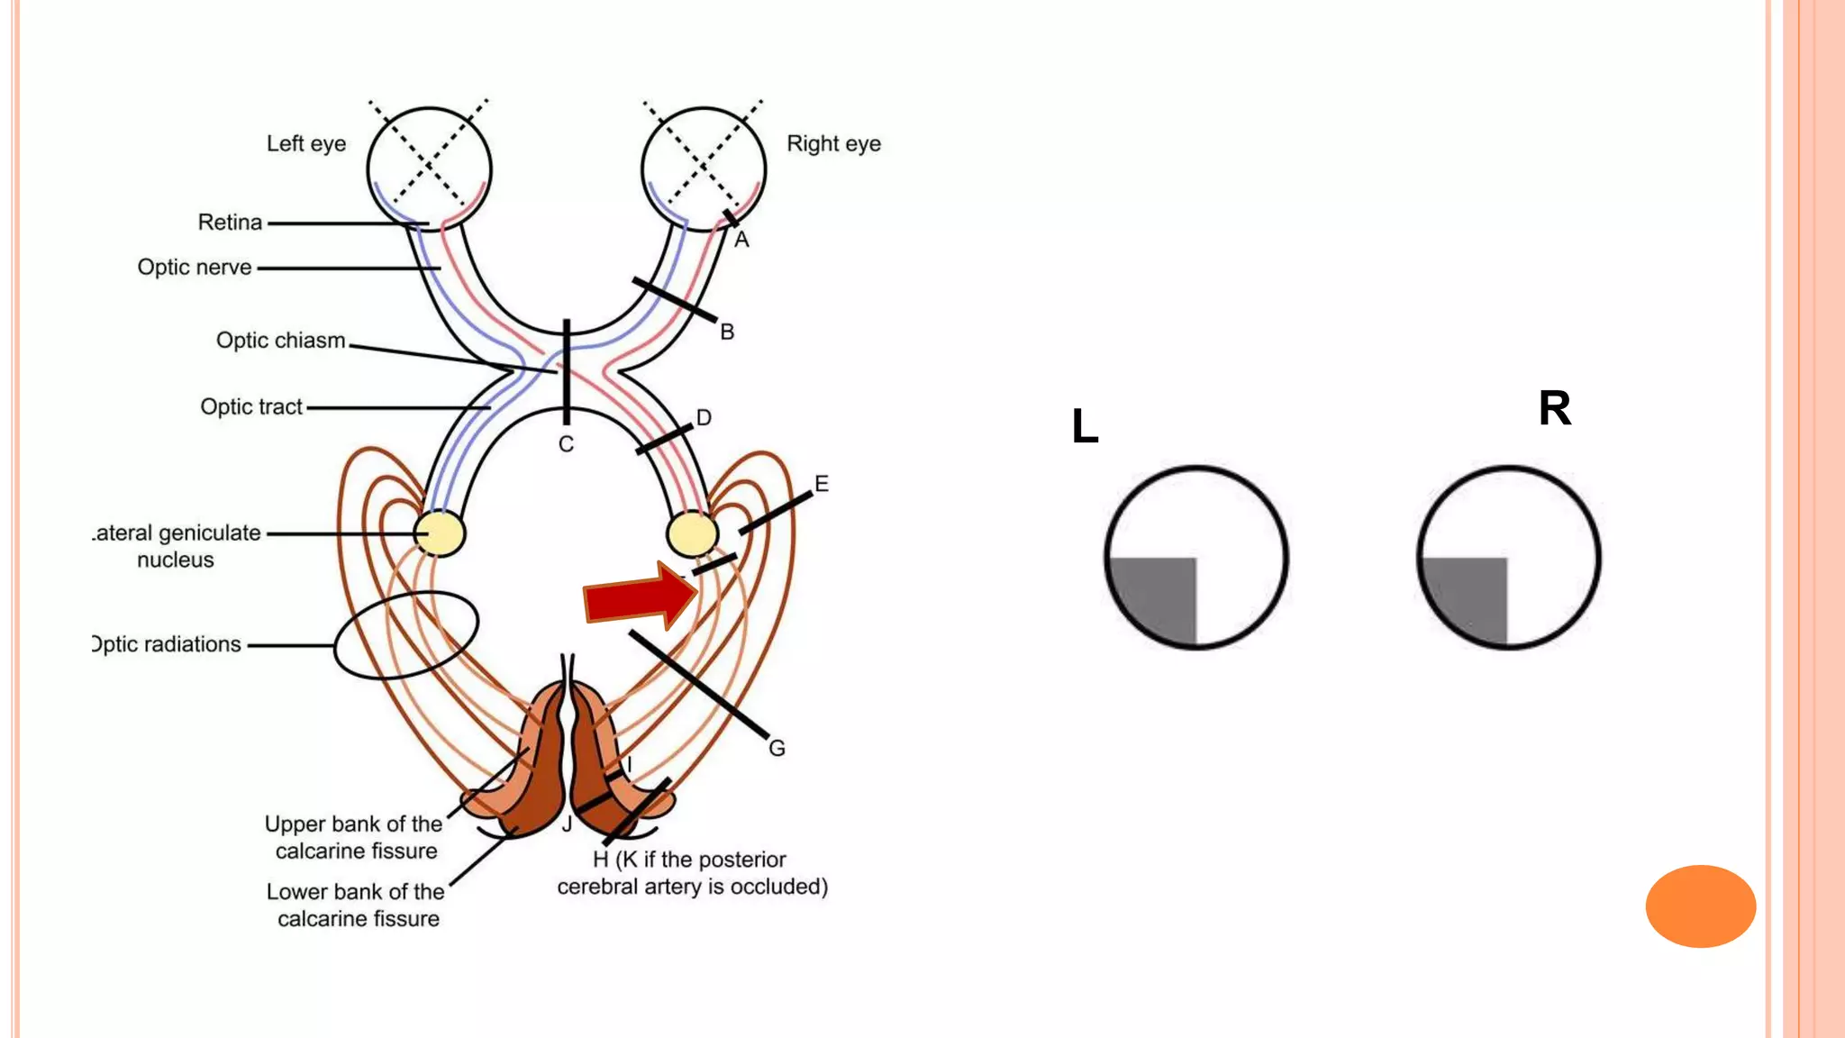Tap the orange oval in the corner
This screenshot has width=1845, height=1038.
tap(1700, 906)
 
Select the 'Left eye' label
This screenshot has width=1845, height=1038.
tap(306, 144)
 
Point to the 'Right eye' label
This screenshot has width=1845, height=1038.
tap(833, 144)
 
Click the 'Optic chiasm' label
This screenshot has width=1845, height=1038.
tap(280, 341)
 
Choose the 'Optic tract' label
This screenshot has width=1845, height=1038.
tap(251, 407)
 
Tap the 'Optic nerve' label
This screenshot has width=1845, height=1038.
tap(195, 268)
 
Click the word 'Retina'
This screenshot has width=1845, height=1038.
tap(230, 223)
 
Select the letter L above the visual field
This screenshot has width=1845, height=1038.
tap(1085, 426)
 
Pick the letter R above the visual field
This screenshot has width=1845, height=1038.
tap(1555, 408)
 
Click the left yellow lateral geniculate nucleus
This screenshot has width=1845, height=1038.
tap(439, 533)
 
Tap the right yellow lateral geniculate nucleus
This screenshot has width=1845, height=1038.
tap(692, 533)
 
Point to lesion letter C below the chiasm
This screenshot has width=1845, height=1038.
tap(566, 444)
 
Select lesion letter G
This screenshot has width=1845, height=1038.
tap(777, 748)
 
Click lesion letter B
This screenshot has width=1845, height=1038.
tap(727, 332)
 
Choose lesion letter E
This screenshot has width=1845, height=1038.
tap(821, 484)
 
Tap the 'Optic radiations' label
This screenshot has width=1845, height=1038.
tap(167, 645)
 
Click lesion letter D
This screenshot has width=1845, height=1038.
tap(704, 418)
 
